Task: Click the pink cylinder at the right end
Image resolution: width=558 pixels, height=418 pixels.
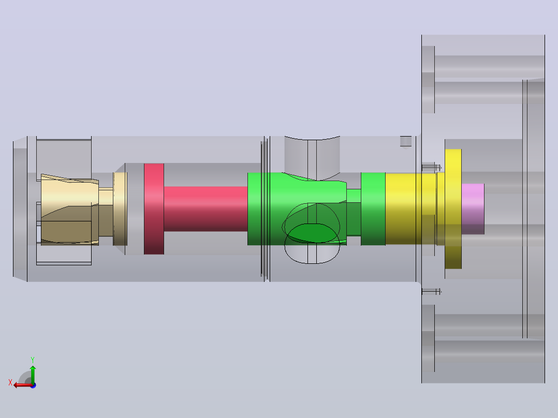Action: (x=473, y=209)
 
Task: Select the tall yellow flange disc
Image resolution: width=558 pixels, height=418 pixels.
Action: (x=453, y=209)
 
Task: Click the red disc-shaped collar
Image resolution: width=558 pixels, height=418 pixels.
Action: (x=154, y=209)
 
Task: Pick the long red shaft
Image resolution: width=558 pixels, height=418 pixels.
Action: (x=205, y=209)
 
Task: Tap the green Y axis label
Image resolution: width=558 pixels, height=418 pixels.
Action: (x=33, y=360)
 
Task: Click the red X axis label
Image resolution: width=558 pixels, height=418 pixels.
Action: (x=10, y=382)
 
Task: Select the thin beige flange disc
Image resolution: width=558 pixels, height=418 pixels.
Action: (x=120, y=209)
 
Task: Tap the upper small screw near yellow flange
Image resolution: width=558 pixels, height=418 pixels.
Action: (x=431, y=167)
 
